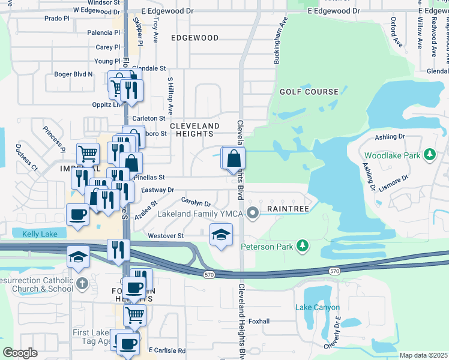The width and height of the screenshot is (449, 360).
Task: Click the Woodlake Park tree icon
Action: [x=429, y=155]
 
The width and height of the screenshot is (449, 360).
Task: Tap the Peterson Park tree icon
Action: [x=303, y=245]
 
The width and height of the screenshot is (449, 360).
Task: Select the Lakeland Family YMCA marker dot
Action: [x=253, y=212]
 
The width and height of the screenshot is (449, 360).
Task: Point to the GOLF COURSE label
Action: [x=309, y=92]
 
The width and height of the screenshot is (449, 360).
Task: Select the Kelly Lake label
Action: [x=40, y=233]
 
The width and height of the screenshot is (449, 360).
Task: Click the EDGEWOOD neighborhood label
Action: [x=194, y=38]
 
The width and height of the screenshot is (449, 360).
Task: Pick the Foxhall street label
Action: [x=259, y=321]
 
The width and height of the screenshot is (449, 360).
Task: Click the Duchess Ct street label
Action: [x=26, y=158]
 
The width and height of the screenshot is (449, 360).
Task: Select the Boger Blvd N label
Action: [x=73, y=74]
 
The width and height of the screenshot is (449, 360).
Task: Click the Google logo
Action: [x=20, y=353]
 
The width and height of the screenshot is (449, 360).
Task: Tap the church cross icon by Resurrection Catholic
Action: [x=82, y=282]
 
